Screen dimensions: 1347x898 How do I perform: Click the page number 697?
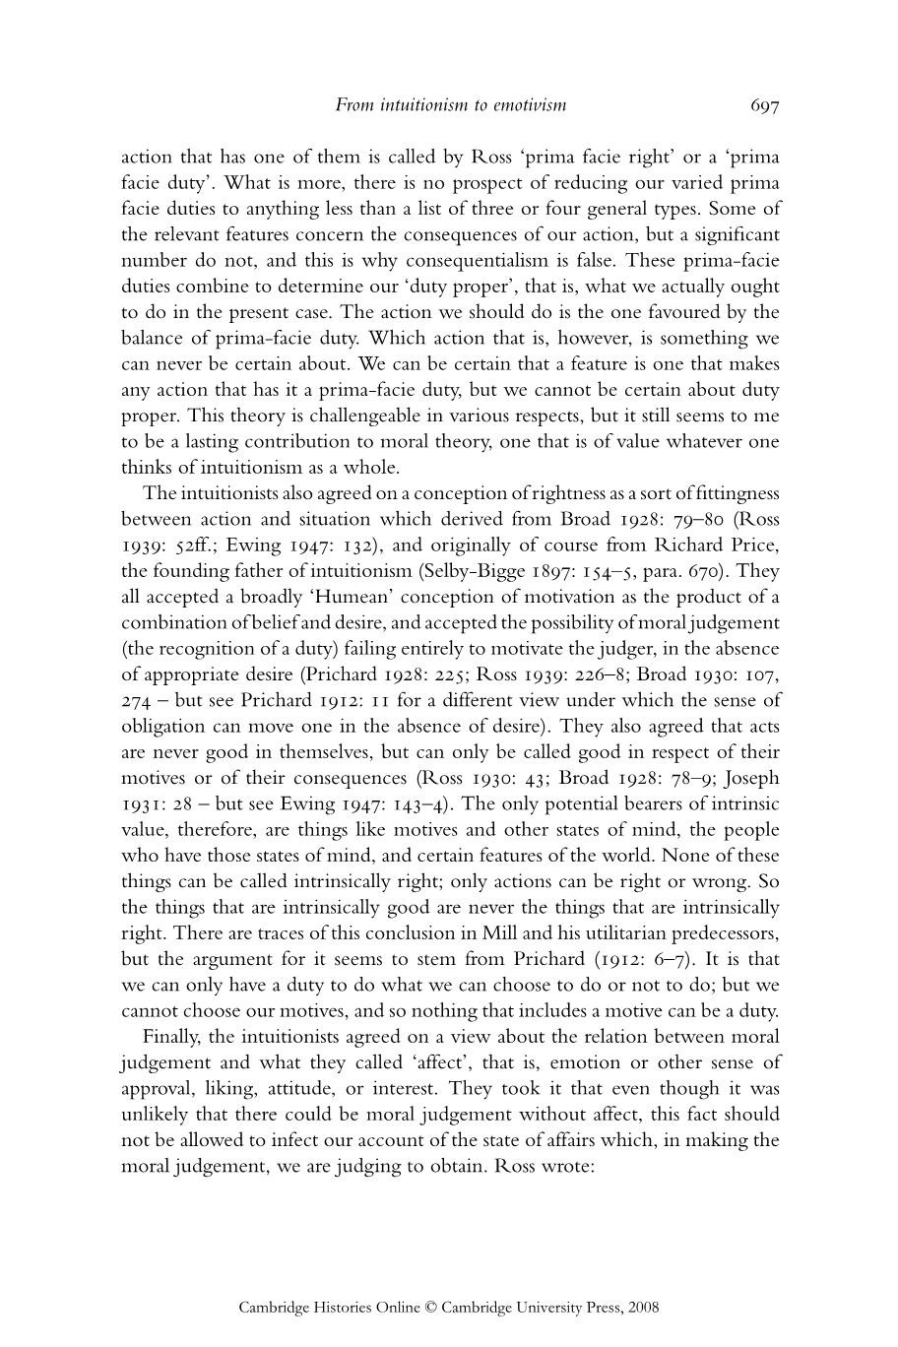pyautogui.click(x=764, y=105)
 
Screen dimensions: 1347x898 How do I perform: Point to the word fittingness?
pyautogui.click(x=733, y=493)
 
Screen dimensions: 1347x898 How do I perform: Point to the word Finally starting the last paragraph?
pyautogui.click(x=171, y=1037)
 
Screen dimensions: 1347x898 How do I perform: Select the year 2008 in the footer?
pyautogui.click(x=642, y=1308)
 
